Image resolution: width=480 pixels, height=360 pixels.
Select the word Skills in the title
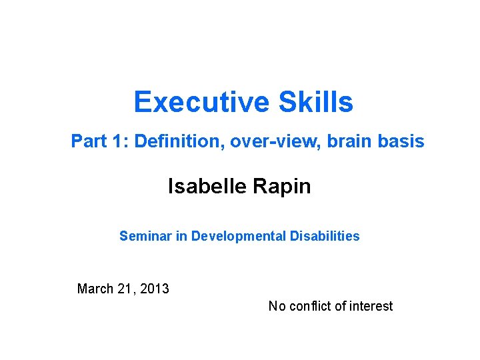pyautogui.click(x=316, y=102)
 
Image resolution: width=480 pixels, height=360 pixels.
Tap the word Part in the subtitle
pyautogui.click(x=89, y=141)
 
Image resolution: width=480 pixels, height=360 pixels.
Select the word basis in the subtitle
pyautogui.click(x=400, y=141)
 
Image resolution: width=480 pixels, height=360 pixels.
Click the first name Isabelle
pyautogui.click(x=206, y=186)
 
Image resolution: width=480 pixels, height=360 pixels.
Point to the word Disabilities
pyautogui.click(x=325, y=236)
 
